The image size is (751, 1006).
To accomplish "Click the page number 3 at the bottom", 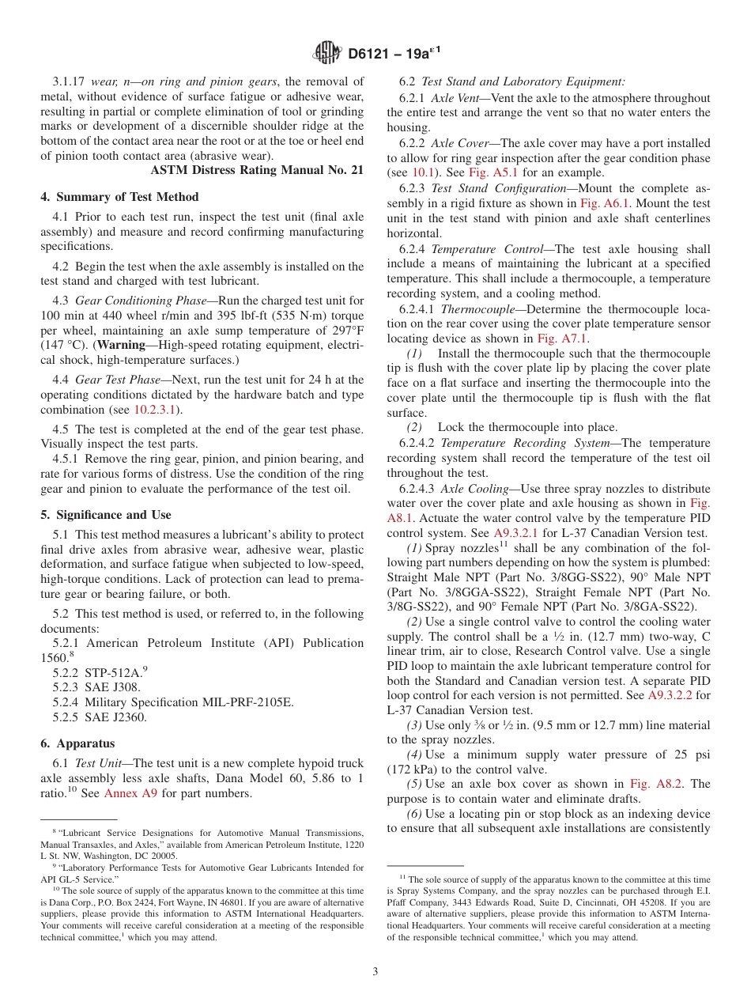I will [375, 971].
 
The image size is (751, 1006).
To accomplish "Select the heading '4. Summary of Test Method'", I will [119, 197].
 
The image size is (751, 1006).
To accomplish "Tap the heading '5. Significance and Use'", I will [105, 514].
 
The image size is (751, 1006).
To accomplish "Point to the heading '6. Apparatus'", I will [77, 743].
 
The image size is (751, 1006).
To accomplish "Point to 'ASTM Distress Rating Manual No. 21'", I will [257, 170].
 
